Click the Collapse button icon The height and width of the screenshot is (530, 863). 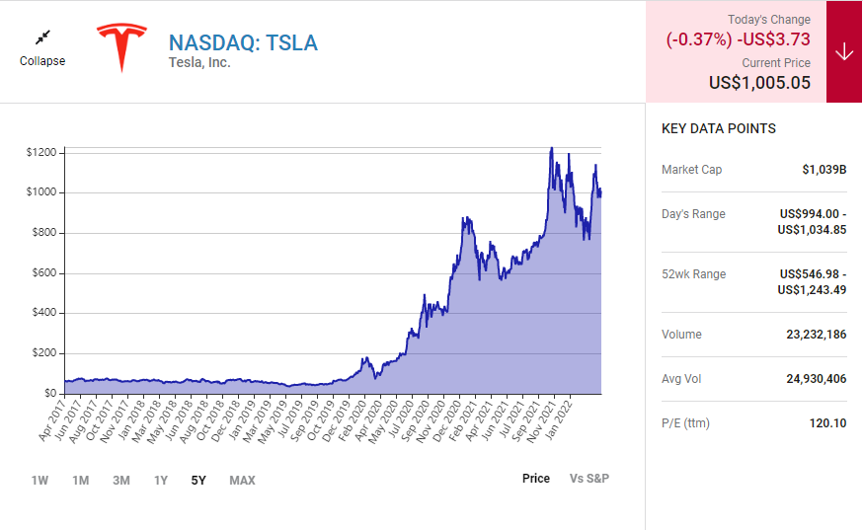pos(42,38)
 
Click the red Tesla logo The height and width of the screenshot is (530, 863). pos(120,47)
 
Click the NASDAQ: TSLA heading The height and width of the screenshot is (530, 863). pos(243,42)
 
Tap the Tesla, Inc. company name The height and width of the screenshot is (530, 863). pos(199,63)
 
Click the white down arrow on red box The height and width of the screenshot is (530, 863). pos(843,51)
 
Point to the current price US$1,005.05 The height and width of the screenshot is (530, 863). pos(759,83)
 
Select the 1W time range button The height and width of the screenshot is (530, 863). pos(39,481)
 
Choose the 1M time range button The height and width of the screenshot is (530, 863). pos(80,481)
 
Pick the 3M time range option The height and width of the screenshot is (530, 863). pos(120,481)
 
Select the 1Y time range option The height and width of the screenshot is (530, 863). pos(160,481)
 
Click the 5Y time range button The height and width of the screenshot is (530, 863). pos(198,481)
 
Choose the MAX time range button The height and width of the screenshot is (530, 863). pos(242,481)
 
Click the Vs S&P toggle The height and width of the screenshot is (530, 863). pos(589,479)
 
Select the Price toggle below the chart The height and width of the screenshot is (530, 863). pos(536,479)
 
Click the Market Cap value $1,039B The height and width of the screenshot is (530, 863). pos(824,170)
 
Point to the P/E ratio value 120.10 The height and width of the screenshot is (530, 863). pos(826,423)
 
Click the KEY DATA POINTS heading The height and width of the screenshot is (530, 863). pos(718,128)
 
